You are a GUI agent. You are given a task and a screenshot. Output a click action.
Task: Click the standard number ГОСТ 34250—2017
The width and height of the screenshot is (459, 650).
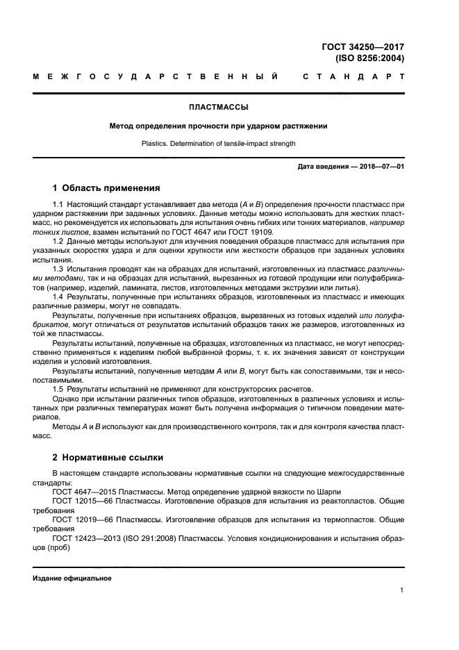(x=362, y=47)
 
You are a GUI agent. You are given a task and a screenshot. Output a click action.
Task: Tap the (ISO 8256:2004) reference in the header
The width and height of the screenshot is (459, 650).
(x=369, y=58)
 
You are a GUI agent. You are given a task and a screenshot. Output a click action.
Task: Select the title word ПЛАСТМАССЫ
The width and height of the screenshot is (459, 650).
(x=219, y=107)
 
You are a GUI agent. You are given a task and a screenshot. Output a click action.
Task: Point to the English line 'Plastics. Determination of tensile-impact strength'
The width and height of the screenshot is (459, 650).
(x=219, y=144)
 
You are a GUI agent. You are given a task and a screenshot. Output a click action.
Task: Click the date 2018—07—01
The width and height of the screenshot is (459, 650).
(x=381, y=167)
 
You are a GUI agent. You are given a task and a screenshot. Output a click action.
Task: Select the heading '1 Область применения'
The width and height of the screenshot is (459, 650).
(x=107, y=187)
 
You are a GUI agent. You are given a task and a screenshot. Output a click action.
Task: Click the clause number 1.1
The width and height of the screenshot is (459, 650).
(x=58, y=206)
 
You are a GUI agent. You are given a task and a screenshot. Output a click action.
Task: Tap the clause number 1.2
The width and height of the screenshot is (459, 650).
(x=58, y=240)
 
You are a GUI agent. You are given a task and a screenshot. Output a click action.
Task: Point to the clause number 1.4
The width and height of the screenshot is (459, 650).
(x=58, y=297)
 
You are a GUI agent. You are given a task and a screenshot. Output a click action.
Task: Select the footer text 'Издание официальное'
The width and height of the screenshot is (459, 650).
(x=72, y=578)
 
